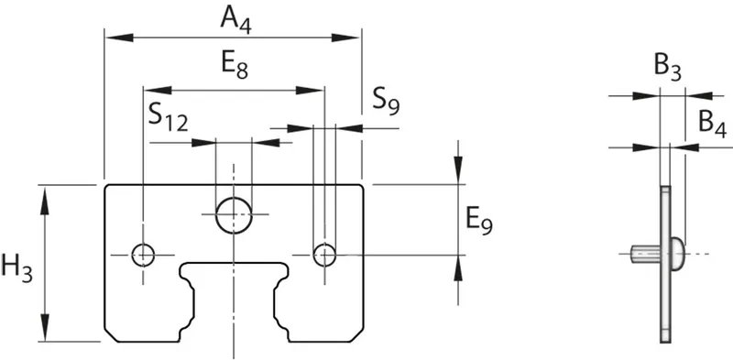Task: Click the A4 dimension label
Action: click(235, 21)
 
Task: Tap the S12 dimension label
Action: click(169, 118)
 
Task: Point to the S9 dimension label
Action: click(386, 102)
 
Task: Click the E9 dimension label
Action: click(479, 221)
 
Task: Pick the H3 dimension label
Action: click(16, 268)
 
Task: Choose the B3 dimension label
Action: click(668, 69)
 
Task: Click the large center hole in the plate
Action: click(234, 214)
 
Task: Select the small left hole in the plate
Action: click(143, 255)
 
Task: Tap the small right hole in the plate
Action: click(324, 255)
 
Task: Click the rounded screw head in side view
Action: click(678, 254)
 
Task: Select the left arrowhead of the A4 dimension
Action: click(119, 38)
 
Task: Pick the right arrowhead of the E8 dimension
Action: click(310, 91)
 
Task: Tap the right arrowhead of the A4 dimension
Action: click(346, 38)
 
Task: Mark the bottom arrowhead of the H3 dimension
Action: click(44, 327)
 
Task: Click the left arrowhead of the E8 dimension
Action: click(158, 91)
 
